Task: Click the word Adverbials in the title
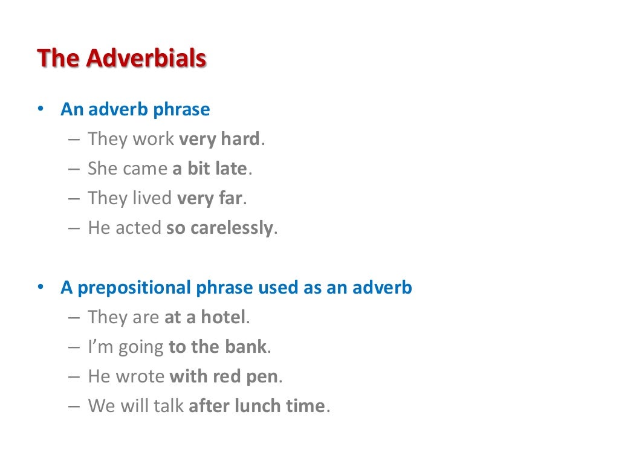146,59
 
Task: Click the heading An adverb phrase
135,110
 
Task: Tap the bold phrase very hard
219,140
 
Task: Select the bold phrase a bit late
209,169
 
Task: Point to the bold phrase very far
209,199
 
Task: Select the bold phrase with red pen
224,377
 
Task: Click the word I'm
97,347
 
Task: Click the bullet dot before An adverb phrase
40,110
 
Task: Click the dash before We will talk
74,407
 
